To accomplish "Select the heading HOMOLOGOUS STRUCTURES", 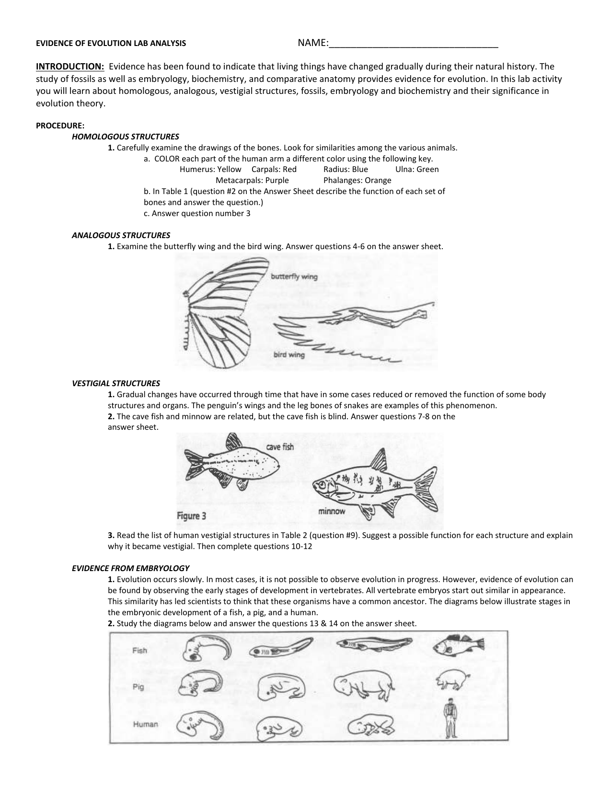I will pos(125,137).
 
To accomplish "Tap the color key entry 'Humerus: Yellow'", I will pos(210,169).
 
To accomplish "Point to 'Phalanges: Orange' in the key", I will pos(357,180).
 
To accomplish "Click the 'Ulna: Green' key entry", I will pos(417,169).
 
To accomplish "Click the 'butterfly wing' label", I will pos(294,276).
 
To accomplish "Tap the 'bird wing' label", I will pos(289,355).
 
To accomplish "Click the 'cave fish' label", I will pos(280,447).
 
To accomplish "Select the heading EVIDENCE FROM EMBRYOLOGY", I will pos(130,568).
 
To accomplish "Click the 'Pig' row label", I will pos(138,687).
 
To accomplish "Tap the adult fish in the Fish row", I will pos(458,646).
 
